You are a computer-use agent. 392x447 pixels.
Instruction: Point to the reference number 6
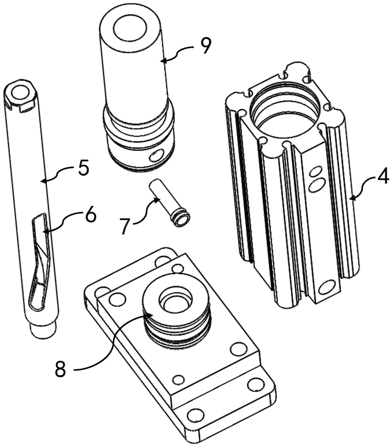(90, 216)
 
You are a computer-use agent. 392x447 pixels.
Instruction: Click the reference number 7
(125, 226)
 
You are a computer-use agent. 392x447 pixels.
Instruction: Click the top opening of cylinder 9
(130, 28)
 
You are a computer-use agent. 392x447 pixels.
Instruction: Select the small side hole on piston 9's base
(156, 156)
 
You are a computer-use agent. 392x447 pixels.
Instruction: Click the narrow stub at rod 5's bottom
(43, 330)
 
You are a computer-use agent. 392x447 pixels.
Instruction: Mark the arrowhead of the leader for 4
(350, 197)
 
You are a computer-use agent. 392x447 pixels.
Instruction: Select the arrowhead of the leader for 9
(161, 61)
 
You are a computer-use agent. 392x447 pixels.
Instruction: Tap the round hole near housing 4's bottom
(327, 287)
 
